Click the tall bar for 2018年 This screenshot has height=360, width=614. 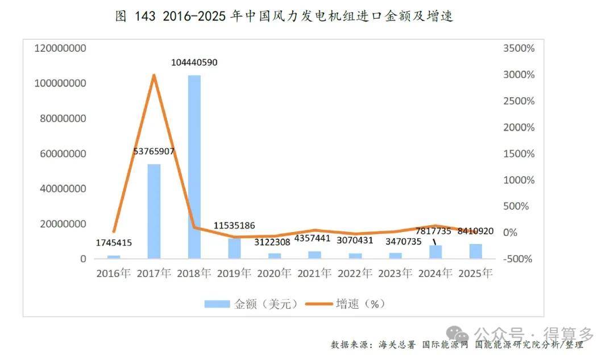click(194, 167)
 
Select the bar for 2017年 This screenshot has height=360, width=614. click(154, 211)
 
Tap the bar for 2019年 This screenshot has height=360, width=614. click(235, 249)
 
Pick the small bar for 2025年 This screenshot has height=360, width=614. click(476, 251)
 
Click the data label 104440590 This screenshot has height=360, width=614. click(194, 63)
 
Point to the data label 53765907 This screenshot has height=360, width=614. click(154, 151)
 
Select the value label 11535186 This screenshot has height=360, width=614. click(234, 225)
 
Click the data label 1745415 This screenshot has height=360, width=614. click(114, 242)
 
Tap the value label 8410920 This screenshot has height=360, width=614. click(475, 231)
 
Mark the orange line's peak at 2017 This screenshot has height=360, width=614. click(154, 75)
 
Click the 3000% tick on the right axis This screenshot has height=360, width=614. click(519, 75)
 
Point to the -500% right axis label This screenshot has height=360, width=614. click(518, 259)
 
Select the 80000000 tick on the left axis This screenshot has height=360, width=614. click(63, 118)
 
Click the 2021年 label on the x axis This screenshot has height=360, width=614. click(314, 273)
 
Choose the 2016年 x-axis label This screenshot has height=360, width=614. click(114, 273)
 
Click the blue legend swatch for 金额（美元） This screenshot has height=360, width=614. click(217, 304)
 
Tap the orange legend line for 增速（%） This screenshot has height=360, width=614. click(319, 304)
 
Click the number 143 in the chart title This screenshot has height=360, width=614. click(145, 16)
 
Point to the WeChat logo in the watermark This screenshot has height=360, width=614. click(458, 336)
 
